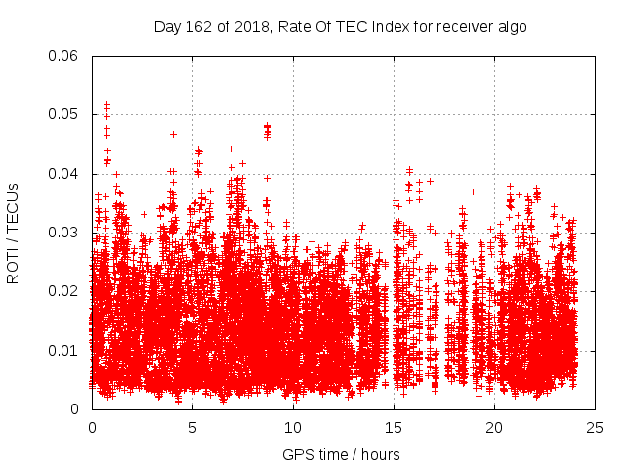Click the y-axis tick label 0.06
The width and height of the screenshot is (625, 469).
pyautogui.click(x=63, y=56)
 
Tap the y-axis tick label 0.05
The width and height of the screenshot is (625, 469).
pyautogui.click(x=63, y=114)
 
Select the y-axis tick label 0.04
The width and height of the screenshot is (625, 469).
pyautogui.click(x=63, y=174)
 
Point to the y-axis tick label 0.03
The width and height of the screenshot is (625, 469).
pyautogui.click(x=63, y=233)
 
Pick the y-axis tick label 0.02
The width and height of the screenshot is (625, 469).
pyautogui.click(x=63, y=291)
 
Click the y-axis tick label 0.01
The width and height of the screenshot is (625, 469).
pyautogui.click(x=63, y=350)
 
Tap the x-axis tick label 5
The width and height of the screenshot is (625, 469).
pyautogui.click(x=192, y=427)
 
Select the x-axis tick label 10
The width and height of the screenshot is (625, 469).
pyautogui.click(x=293, y=427)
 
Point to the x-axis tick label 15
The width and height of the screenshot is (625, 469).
pyautogui.click(x=394, y=427)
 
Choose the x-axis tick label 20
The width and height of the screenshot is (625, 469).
pyautogui.click(x=494, y=427)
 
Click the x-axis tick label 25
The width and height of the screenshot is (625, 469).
pyautogui.click(x=595, y=427)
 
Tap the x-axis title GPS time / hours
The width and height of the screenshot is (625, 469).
pyautogui.click(x=341, y=454)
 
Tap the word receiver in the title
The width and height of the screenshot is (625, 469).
pyautogui.click(x=459, y=26)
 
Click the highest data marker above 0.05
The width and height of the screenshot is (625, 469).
pyautogui.click(x=106, y=103)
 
